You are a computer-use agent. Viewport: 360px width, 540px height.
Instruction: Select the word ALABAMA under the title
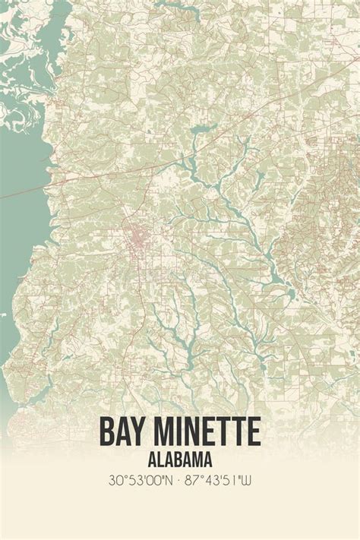[x=180, y=459]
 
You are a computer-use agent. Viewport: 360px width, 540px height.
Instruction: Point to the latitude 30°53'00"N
[x=142, y=481]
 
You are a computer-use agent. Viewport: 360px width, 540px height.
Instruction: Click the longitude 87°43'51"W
[x=220, y=481]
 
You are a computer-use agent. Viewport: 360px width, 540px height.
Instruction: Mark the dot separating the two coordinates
[x=180, y=481]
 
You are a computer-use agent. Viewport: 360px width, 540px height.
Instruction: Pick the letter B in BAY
[x=108, y=431]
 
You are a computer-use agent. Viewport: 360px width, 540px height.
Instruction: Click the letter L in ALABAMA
[x=160, y=459]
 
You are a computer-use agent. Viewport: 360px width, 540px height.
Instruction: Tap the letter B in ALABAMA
[x=179, y=459]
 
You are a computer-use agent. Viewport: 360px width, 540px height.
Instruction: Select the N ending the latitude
[x=171, y=481]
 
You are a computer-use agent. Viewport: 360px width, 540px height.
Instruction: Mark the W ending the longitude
[x=248, y=481]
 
